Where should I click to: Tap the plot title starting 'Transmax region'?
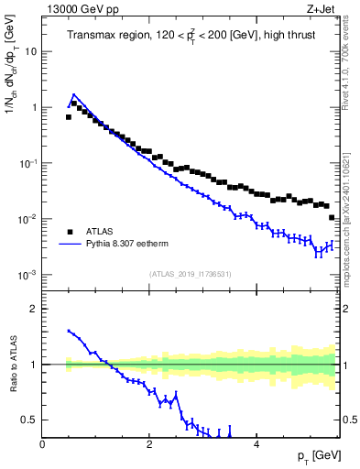190,36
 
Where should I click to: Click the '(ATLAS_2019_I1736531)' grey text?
190,274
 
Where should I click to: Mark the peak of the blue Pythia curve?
73,94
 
